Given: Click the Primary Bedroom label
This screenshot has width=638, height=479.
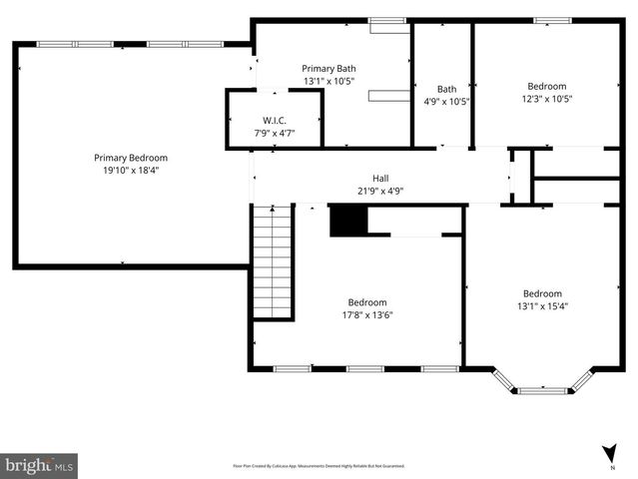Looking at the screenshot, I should click(x=130, y=158).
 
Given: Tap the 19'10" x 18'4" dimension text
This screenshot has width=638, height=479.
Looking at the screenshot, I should click(x=130, y=171).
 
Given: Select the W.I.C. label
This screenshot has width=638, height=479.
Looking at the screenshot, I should click(x=275, y=120).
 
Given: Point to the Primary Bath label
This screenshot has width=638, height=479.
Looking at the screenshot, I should click(x=328, y=68).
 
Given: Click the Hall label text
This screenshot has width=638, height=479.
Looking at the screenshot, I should click(x=380, y=179).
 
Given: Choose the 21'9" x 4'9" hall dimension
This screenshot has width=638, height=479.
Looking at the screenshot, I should click(x=380, y=192).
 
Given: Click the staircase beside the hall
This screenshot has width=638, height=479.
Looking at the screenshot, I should click(x=273, y=262).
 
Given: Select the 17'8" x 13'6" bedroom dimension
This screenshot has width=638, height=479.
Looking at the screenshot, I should click(x=366, y=315).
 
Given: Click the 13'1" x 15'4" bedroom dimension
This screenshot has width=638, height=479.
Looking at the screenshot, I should click(x=542, y=306).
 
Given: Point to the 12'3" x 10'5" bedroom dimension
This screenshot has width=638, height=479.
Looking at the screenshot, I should click(x=546, y=99).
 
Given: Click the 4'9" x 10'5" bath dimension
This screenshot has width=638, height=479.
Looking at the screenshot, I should click(x=446, y=101).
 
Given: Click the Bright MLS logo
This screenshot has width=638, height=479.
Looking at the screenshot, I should click(x=40, y=465).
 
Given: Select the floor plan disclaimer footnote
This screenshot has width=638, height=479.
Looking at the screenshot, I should click(x=319, y=465).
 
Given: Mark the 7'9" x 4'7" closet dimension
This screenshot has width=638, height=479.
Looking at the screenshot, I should click(x=275, y=133).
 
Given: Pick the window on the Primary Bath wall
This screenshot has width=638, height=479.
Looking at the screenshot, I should click(x=382, y=21).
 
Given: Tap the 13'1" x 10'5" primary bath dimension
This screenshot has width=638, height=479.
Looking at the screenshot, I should click(x=328, y=81).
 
